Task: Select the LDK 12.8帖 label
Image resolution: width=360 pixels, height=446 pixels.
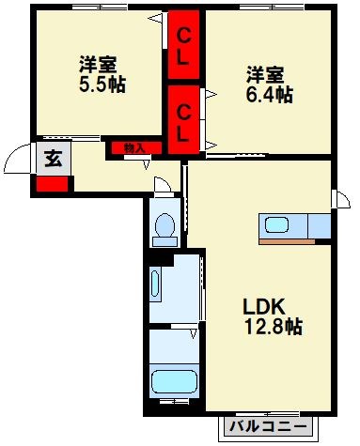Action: [x=272, y=317]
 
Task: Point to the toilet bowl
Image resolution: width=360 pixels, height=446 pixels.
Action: [x=165, y=227]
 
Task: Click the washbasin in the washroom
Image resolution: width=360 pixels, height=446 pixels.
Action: [x=156, y=283]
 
